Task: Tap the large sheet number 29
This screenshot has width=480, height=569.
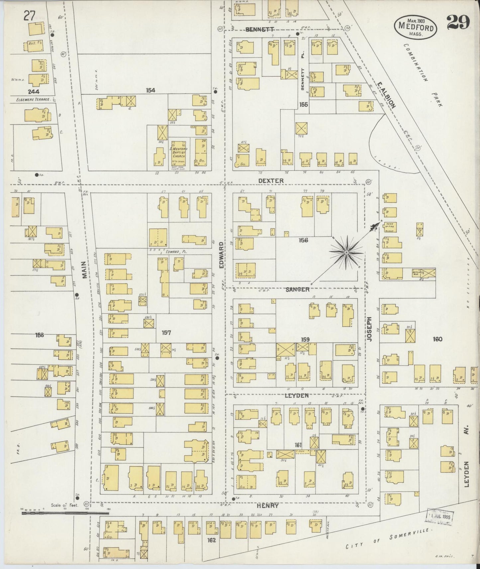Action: (458, 23)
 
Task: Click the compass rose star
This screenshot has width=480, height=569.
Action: (346, 253)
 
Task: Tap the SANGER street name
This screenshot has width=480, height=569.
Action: (298, 289)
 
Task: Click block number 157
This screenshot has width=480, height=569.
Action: (166, 332)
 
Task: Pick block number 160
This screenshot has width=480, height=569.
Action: (437, 339)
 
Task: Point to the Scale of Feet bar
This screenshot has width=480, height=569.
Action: (55, 513)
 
